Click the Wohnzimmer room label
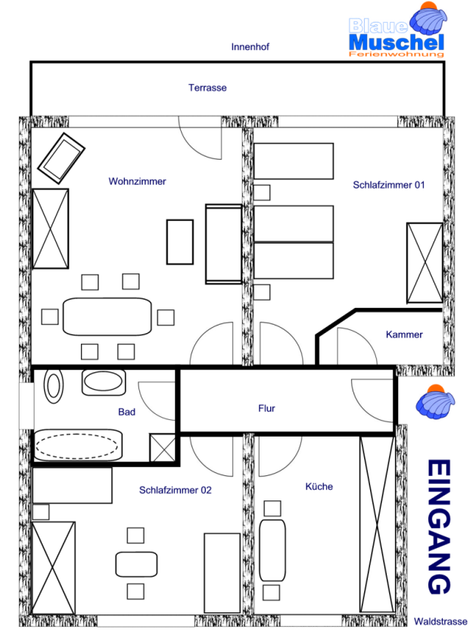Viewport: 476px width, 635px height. (x=137, y=181)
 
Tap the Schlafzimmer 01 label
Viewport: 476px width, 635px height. (x=388, y=185)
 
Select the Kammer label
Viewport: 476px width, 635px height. (x=404, y=335)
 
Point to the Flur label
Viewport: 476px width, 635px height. (x=266, y=408)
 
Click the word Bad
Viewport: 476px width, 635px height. (x=126, y=412)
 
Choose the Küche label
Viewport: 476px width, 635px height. (x=319, y=487)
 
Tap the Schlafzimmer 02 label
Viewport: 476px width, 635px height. (x=176, y=490)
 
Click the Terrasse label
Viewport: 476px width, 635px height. (x=207, y=88)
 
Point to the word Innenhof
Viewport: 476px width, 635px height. (x=250, y=47)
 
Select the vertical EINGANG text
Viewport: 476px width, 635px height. (x=439, y=527)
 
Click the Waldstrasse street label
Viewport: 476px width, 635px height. (x=440, y=621)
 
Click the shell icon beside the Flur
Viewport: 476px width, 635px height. (x=435, y=402)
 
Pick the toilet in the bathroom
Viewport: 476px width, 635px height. (x=54, y=386)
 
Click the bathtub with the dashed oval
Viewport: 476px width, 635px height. (x=77, y=446)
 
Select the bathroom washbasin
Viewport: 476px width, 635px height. (x=104, y=382)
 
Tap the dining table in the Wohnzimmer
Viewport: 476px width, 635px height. (x=107, y=316)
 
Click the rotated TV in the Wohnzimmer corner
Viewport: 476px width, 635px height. (x=61, y=158)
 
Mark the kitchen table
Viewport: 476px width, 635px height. (x=272, y=550)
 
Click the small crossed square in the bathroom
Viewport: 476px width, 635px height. (x=163, y=447)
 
